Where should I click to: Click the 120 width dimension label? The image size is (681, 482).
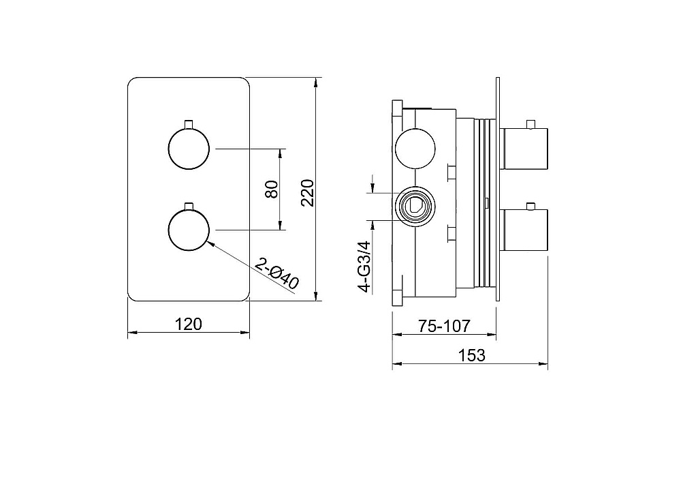(188, 325)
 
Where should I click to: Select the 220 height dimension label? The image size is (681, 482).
(307, 192)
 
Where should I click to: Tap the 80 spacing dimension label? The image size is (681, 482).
(272, 189)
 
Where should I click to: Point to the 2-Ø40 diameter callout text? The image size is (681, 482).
(276, 273)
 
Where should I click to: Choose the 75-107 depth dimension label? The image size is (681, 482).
(444, 326)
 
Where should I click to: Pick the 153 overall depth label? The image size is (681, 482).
(471, 355)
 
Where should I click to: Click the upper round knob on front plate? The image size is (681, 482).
(189, 148)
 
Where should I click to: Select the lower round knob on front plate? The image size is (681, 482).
(189, 230)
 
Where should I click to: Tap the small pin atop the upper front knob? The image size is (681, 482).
(189, 124)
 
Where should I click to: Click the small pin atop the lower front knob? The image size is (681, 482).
(189, 206)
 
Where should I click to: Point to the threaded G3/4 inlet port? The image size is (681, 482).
(414, 206)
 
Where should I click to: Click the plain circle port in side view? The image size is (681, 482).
(414, 149)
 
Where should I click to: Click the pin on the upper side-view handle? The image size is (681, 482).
(530, 124)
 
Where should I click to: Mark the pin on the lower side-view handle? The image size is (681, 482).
(530, 206)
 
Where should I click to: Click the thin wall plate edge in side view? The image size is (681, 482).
(498, 189)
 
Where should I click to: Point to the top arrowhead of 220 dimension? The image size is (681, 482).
(317, 82)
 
